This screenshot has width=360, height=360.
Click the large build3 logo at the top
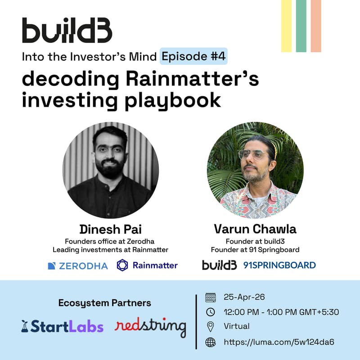pyautogui.click(x=67, y=31)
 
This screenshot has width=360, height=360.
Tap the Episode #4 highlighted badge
pyautogui.click(x=194, y=57)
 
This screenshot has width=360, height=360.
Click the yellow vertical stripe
pyautogui.click(x=286, y=26)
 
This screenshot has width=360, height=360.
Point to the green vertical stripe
pyautogui.click(x=301, y=26)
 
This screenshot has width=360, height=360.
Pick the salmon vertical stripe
pyautogui.click(x=316, y=26)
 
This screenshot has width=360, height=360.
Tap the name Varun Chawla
pyautogui.click(x=255, y=229)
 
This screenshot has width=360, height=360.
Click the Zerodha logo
pyautogui.click(x=77, y=265)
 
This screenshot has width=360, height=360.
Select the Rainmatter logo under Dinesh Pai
pyautogui.click(x=147, y=265)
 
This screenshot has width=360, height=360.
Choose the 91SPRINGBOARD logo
pyautogui.click(x=279, y=265)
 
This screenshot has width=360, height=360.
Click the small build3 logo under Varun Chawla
pyautogui.click(x=219, y=265)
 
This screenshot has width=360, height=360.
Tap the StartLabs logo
pyautogui.click(x=62, y=326)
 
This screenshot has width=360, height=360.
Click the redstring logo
pyautogui.click(x=150, y=326)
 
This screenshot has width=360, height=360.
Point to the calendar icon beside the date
pyautogui.click(x=210, y=297)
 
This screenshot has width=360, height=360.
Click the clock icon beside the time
pyautogui.click(x=210, y=312)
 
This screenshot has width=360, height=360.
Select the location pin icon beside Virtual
pyautogui.click(x=210, y=326)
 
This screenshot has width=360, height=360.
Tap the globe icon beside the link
pyautogui.click(x=210, y=342)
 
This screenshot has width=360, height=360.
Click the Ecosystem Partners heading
pyautogui.click(x=104, y=303)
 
